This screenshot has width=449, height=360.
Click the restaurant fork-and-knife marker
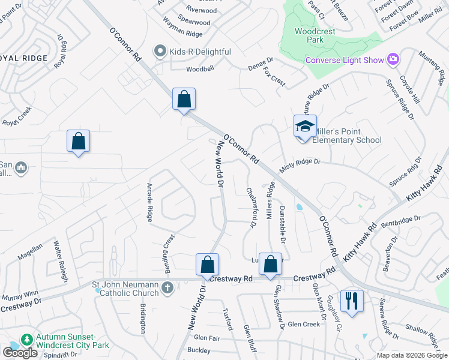click(351, 300)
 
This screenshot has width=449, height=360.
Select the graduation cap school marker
click(305, 126)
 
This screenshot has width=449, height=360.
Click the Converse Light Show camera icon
click(394, 59)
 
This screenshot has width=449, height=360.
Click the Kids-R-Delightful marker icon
click(160, 52)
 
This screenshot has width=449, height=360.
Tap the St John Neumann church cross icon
click(167, 288)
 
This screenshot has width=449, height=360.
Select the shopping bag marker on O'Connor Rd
click(184, 100)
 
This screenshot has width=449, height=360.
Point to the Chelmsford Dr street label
click(252, 207)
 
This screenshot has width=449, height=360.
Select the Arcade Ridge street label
click(149, 203)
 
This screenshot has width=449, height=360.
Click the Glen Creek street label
click(304, 324)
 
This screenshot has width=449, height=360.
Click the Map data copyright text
click(411, 355)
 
